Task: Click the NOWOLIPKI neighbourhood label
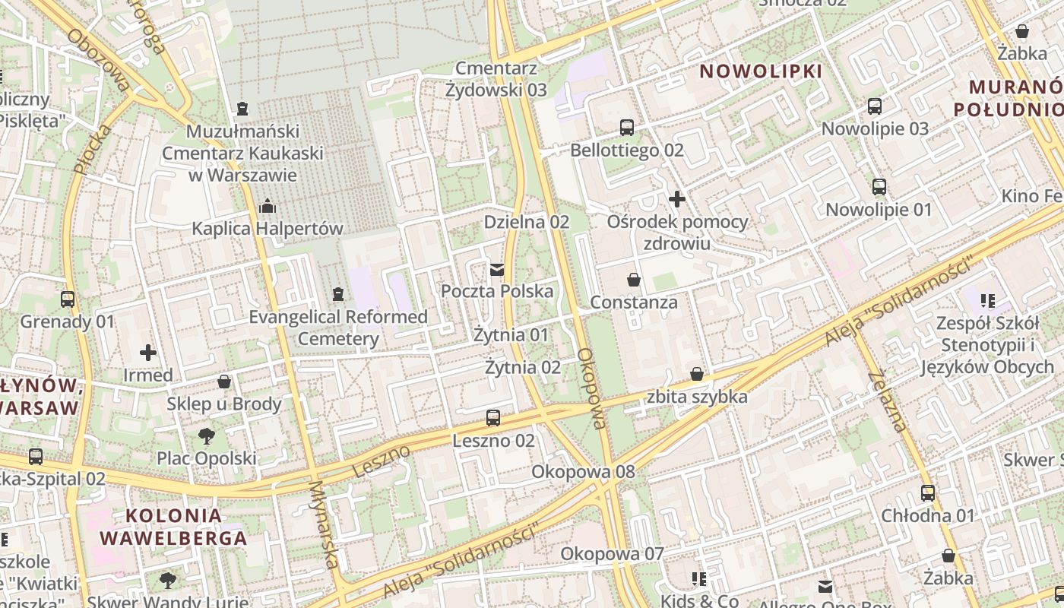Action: click(761, 71)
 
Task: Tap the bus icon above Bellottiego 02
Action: click(627, 128)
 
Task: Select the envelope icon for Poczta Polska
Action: click(497, 269)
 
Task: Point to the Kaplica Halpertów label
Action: click(268, 229)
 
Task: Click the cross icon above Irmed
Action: click(148, 353)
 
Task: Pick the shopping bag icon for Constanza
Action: click(634, 280)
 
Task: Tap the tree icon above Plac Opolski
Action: click(206, 436)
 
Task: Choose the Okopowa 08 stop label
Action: click(583, 472)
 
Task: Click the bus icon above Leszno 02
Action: click(493, 418)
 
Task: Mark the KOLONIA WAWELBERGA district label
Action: click(173, 527)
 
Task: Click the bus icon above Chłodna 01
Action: click(928, 493)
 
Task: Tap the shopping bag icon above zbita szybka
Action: click(697, 374)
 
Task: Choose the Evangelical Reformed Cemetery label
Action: click(338, 328)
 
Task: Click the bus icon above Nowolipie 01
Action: click(879, 187)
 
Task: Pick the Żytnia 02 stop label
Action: click(523, 368)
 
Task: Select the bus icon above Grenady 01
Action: click(68, 299)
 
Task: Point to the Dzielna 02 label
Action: click(527, 222)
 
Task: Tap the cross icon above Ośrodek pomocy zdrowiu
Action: click(677, 200)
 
